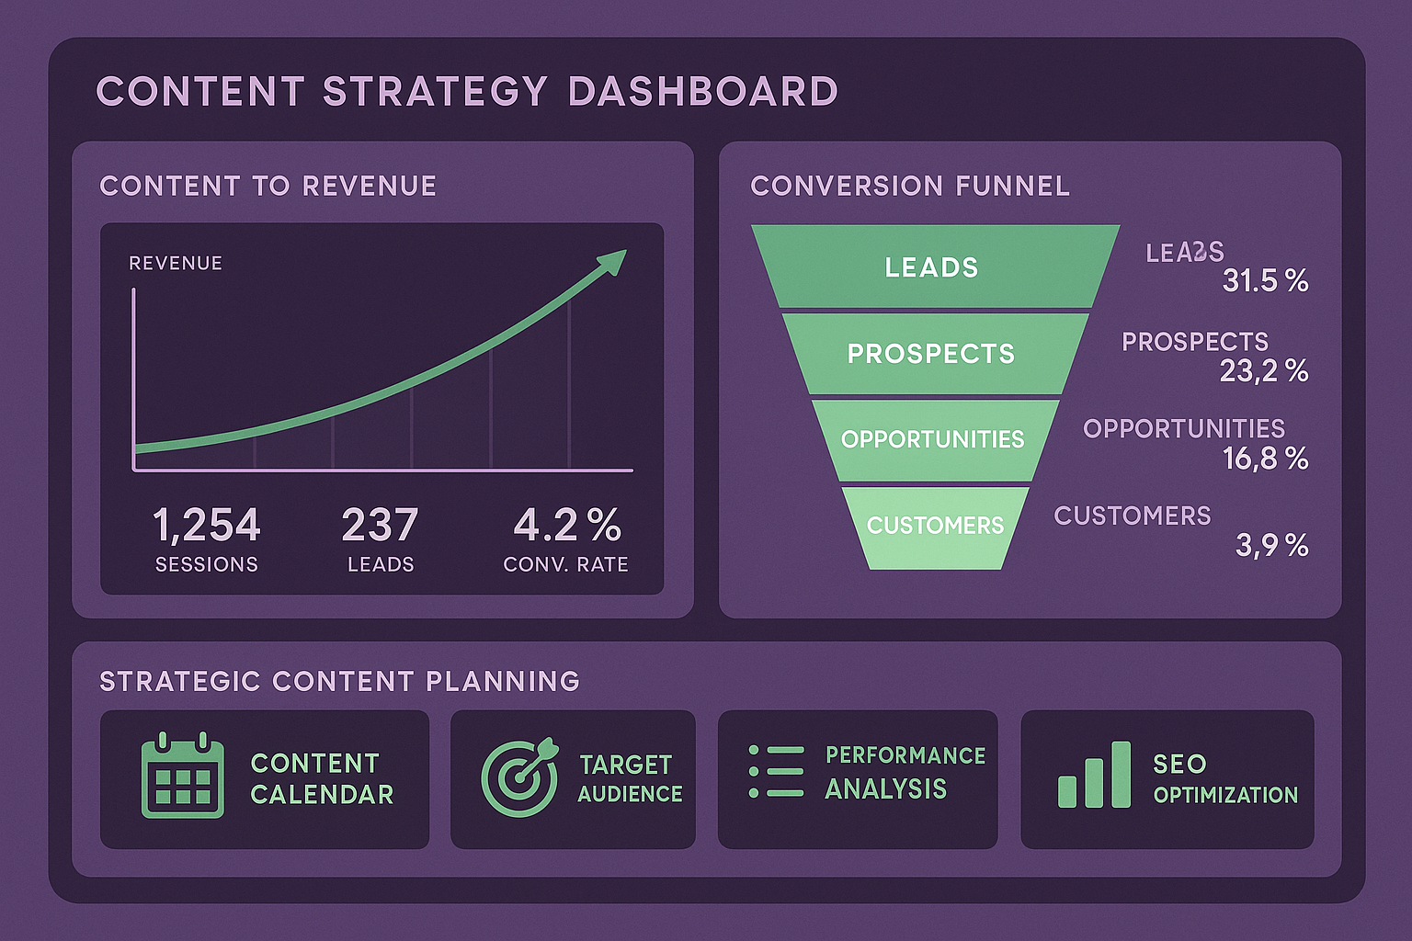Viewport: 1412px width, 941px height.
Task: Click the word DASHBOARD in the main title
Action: [x=703, y=91]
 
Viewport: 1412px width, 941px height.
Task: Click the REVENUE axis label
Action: [x=176, y=264]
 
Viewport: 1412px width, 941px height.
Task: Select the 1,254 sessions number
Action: [x=207, y=526]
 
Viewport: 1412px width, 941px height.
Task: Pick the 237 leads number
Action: [x=380, y=526]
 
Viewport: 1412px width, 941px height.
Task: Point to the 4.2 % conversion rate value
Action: [x=567, y=526]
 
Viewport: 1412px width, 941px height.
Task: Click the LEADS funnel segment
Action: [x=932, y=267]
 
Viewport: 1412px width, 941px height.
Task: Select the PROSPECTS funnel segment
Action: [x=931, y=354]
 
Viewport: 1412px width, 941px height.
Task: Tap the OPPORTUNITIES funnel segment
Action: [x=933, y=439]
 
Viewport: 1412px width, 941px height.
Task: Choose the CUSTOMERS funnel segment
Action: [x=935, y=526]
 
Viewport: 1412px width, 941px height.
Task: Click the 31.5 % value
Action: [x=1265, y=281]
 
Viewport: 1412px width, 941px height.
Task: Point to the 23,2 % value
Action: [x=1264, y=370]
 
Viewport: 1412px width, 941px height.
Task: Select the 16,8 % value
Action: [x=1265, y=458]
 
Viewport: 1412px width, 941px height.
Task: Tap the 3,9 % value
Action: [x=1271, y=546]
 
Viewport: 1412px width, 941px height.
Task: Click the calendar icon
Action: [x=182, y=777]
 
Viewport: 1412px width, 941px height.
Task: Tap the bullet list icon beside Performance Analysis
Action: [x=776, y=771]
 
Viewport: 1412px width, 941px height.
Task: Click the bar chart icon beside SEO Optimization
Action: [x=1094, y=777]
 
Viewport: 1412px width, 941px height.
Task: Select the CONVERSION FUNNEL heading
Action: [x=910, y=187]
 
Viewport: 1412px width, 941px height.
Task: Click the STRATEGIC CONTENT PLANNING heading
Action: [x=339, y=681]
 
